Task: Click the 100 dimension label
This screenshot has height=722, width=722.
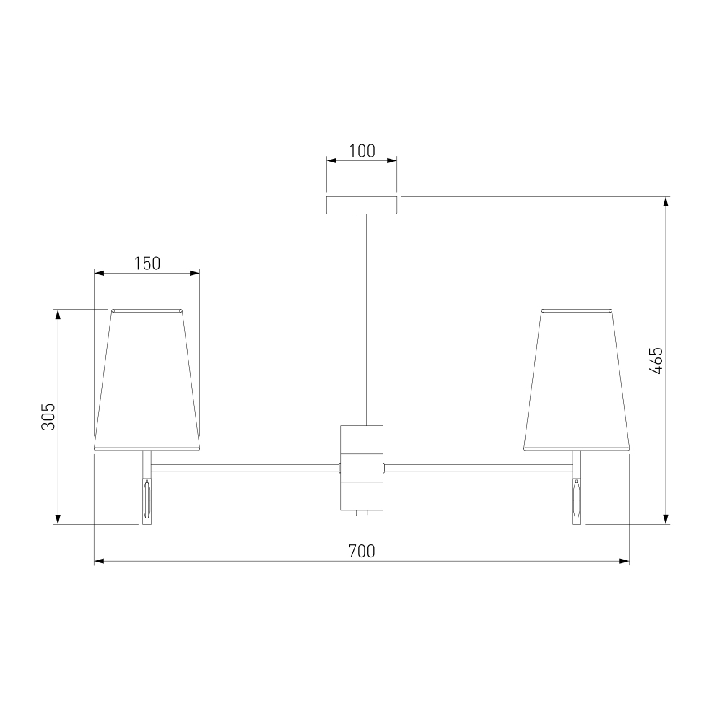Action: point(362,151)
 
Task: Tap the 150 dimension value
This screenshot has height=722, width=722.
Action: point(147,264)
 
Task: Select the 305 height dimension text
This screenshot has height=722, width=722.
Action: point(48,417)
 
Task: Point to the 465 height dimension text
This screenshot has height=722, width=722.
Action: point(656,360)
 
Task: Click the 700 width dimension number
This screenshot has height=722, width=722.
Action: point(362,551)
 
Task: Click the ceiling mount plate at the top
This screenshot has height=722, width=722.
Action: point(362,205)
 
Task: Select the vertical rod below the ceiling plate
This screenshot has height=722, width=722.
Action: point(362,320)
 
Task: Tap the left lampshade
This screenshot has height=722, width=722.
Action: point(147,380)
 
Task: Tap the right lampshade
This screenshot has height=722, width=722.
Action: point(576,380)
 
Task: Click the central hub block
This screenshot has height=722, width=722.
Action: point(362,468)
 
